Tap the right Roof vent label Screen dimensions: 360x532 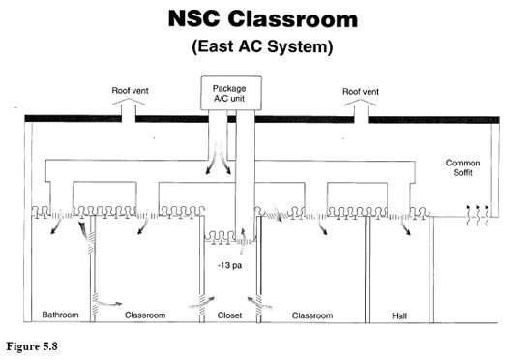360,93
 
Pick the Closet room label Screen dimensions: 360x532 229,315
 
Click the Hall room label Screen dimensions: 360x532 399,315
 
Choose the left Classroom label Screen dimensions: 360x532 146,315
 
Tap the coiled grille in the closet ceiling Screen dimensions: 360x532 228,238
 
